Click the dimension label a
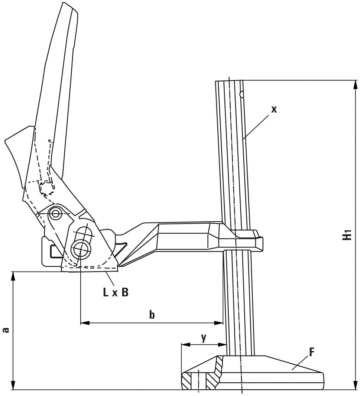6,330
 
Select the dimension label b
152,315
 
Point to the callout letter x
274,109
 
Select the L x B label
116,292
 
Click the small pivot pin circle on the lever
56,214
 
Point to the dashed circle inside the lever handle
46,189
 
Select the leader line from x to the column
256,126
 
